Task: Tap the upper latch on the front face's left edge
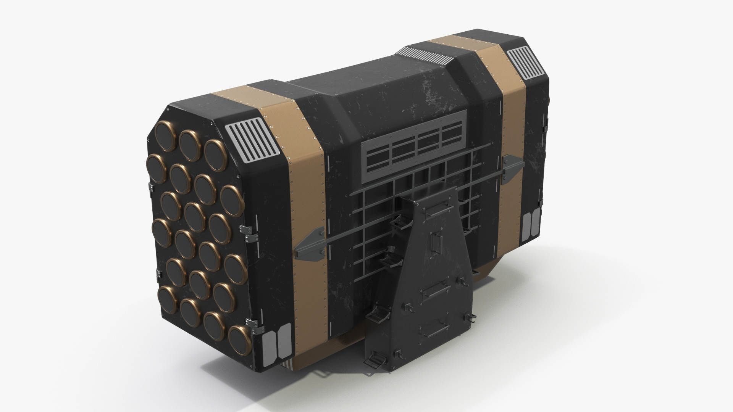coord(151,187)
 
